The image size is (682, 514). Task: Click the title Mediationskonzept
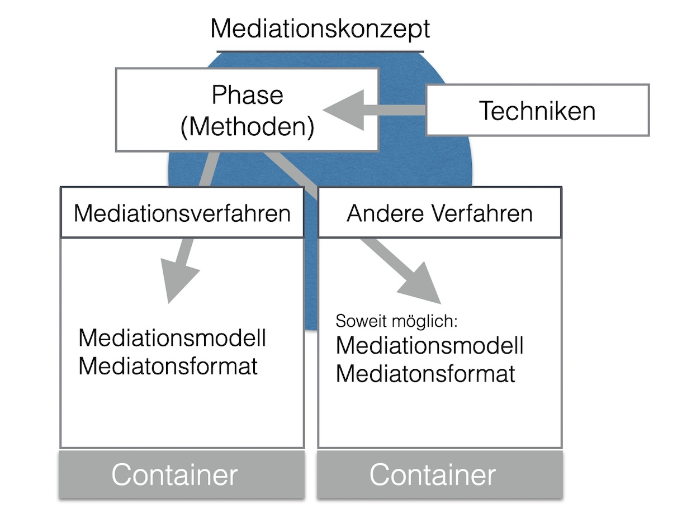click(320, 28)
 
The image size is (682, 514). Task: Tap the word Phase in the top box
click(247, 95)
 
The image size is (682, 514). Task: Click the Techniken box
click(537, 111)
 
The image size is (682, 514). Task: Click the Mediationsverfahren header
click(182, 213)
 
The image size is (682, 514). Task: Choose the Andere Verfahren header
click(439, 213)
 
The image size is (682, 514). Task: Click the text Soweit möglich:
click(397, 321)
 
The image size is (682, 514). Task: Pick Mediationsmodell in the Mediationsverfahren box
click(172, 338)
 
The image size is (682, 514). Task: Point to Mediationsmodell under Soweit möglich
click(429, 346)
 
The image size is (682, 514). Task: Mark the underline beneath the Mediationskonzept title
click(320, 51)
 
